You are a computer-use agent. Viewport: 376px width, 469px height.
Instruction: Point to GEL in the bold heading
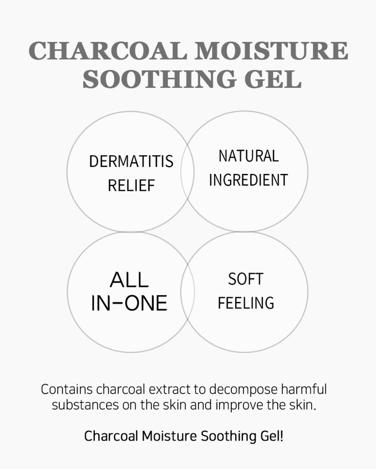point(275,80)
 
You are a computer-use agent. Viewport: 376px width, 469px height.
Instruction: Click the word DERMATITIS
point(131,162)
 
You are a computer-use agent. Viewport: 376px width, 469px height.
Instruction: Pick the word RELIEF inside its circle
point(131,186)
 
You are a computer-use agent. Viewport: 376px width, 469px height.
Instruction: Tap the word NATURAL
point(248,156)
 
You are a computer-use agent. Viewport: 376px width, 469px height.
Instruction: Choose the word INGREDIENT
point(248,180)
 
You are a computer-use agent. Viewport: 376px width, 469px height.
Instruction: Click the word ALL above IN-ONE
point(129,280)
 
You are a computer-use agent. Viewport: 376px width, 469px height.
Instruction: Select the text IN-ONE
point(129,303)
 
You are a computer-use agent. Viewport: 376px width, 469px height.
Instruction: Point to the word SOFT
point(245,279)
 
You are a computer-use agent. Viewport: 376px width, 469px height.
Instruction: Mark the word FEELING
point(245,303)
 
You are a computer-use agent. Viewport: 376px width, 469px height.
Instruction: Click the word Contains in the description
point(67,390)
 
